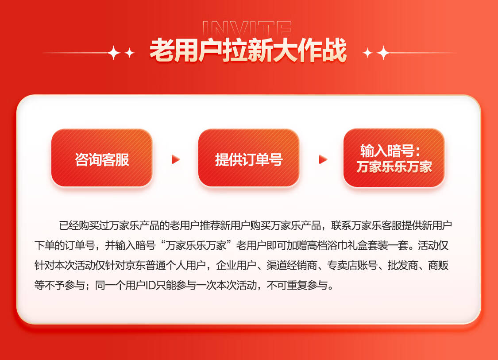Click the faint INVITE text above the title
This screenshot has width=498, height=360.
pyautogui.click(x=247, y=28)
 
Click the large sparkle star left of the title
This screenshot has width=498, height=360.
pyautogui.click(x=114, y=53)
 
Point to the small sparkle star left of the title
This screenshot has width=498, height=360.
pyautogui.click(x=129, y=53)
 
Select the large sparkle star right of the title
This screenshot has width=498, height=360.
pyautogui.click(x=384, y=53)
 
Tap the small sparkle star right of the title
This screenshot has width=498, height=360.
pyautogui.click(x=368, y=53)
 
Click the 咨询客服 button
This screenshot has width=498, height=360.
pyautogui.click(x=102, y=158)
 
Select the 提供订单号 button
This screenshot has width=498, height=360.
pyautogui.click(x=249, y=158)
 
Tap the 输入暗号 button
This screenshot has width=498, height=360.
pyautogui.click(x=394, y=158)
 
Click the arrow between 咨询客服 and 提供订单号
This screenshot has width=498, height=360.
pyautogui.click(x=176, y=159)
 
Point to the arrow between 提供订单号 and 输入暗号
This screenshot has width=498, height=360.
pyautogui.click(x=323, y=159)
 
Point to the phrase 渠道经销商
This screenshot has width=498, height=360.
pyautogui.click(x=292, y=265)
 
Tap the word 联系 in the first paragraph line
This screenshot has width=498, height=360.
pyautogui.click(x=341, y=225)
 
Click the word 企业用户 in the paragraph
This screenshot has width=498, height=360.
pyautogui.click(x=236, y=265)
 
